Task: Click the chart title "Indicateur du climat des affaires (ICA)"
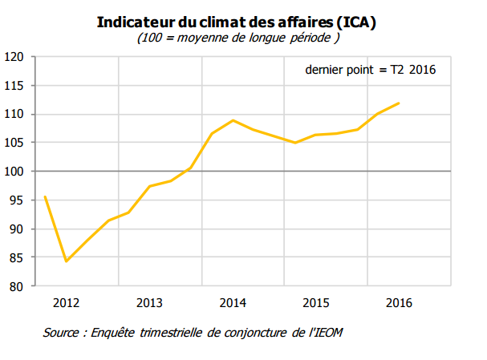(x=237, y=22)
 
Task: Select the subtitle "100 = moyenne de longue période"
(x=237, y=38)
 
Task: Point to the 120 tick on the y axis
(x=16, y=57)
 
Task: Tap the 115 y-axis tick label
(x=16, y=86)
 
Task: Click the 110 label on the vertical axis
(x=16, y=115)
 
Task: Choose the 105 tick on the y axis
(x=16, y=143)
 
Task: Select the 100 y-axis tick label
(x=16, y=172)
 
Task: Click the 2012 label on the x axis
(x=66, y=303)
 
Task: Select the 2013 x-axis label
(x=149, y=303)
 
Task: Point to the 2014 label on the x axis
(x=233, y=303)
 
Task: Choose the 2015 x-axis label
(x=316, y=303)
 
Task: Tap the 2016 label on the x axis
(x=399, y=303)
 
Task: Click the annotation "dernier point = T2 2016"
(x=370, y=71)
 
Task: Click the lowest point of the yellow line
(x=66, y=261)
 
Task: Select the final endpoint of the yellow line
(x=399, y=103)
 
